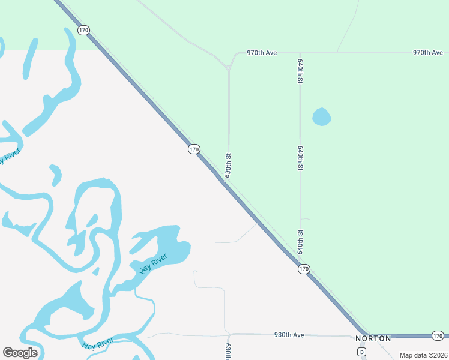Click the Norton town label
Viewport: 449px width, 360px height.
coord(373,338)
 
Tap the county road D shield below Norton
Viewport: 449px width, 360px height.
coord(361,352)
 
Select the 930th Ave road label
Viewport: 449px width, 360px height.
coord(289,335)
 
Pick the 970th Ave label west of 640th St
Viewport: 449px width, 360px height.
coord(262,53)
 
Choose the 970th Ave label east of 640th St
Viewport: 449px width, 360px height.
coord(427,53)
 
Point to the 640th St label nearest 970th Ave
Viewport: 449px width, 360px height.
coord(300,70)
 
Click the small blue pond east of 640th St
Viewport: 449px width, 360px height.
coord(321,117)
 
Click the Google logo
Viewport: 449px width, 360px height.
coord(20,353)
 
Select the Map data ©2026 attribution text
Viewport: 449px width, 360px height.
coord(423,355)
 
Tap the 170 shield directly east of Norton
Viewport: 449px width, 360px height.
coord(438,335)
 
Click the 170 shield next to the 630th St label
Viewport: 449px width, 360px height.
coord(193,149)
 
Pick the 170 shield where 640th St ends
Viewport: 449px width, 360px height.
coord(304,269)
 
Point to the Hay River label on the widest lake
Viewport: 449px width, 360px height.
coord(153,264)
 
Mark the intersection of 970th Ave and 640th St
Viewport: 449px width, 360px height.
coord(300,53)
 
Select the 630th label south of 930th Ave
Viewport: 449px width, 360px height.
coord(228,352)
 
